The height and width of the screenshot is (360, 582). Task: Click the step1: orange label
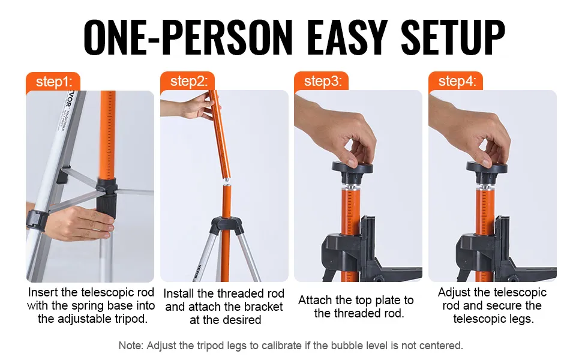(53, 82)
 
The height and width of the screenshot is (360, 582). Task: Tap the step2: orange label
(187, 81)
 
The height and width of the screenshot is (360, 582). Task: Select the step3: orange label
(322, 81)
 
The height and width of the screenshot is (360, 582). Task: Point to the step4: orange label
(456, 81)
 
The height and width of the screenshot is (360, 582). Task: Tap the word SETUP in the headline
(452, 38)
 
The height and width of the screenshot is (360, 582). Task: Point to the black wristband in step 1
(37, 220)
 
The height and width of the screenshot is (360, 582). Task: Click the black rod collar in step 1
(107, 199)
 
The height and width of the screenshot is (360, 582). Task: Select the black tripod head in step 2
(226, 225)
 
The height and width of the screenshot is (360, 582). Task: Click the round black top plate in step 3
(352, 168)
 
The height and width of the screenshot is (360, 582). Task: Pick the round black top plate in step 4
(487, 168)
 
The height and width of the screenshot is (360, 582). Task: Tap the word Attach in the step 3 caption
(315, 300)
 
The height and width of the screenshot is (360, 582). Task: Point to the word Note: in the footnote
(131, 346)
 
